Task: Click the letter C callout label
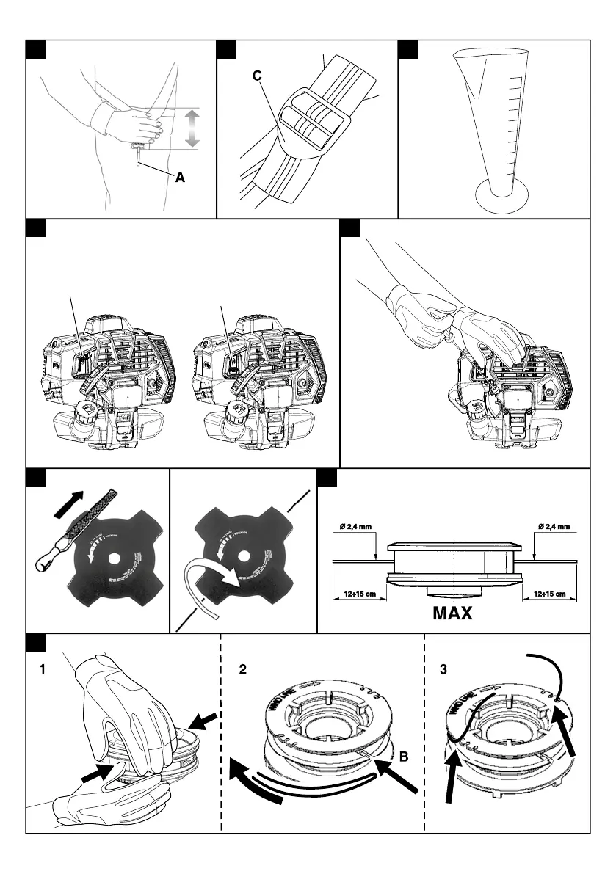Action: pos(257,76)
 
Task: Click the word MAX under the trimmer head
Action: pos(452,612)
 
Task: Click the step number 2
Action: pos(243,669)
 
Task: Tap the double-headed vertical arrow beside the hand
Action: pos(192,128)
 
